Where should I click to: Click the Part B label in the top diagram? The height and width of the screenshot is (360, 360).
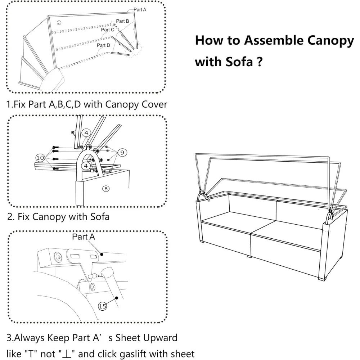point(122,22)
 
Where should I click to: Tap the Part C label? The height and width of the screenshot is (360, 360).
point(107,30)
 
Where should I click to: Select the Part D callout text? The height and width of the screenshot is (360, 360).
point(103,45)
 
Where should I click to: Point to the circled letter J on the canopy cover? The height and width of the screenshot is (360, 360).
point(59,23)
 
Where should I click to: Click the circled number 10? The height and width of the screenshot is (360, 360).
point(40,157)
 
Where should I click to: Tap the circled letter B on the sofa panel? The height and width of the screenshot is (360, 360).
point(106,188)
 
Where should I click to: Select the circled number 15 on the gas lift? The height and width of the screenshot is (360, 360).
point(103,306)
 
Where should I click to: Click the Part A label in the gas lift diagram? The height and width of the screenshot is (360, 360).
point(84,237)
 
